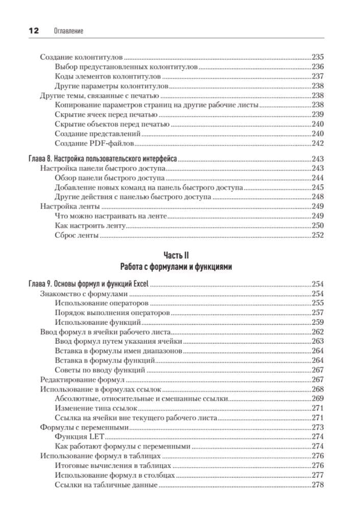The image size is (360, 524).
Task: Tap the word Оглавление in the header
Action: [x=68, y=31]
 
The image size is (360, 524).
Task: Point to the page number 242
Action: [x=318, y=144]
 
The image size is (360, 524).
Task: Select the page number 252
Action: [x=318, y=235]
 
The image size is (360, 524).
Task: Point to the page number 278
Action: [x=318, y=484]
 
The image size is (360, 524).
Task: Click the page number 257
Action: [x=318, y=313]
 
